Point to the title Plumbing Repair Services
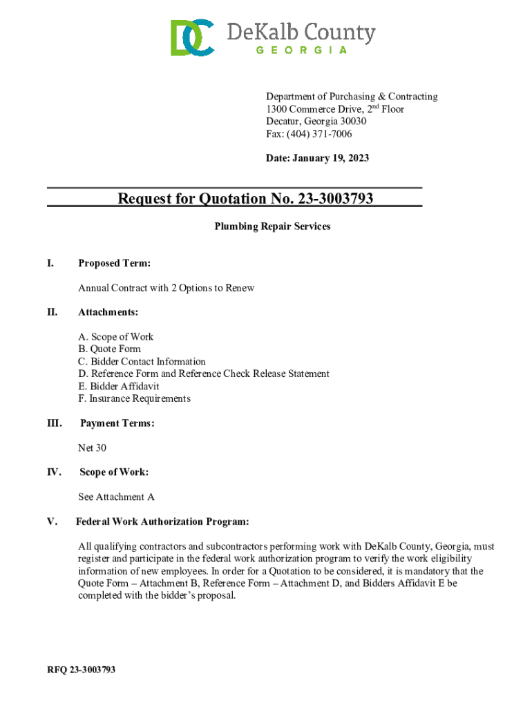click(272, 226)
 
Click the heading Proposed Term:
click(114, 263)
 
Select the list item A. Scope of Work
click(116, 337)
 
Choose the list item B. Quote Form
click(109, 349)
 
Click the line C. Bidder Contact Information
click(142, 362)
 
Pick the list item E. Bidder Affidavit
click(119, 387)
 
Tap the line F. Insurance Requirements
click(134, 399)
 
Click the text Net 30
click(92, 448)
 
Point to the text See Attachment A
click(116, 497)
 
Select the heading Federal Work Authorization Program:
click(162, 521)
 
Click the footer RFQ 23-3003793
click(81, 670)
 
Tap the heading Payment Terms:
click(117, 423)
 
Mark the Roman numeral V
click(51, 521)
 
